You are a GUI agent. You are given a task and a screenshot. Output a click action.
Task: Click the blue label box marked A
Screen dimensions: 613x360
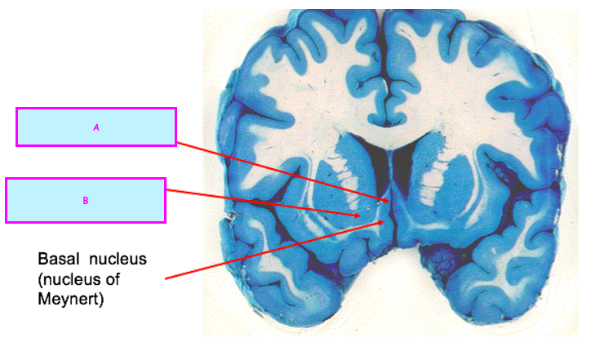(96, 127)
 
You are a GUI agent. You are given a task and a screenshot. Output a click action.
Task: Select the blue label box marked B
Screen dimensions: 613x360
(86, 200)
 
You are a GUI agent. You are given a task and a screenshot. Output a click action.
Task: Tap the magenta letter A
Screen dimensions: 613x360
(96, 127)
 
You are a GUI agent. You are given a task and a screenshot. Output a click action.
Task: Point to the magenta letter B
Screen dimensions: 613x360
(85, 200)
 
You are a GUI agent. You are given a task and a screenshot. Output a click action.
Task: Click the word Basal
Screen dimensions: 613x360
(60, 259)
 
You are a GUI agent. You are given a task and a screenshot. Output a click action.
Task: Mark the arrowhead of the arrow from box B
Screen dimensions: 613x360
(362, 215)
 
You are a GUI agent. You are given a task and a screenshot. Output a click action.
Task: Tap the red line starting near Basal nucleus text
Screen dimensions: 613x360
(269, 250)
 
